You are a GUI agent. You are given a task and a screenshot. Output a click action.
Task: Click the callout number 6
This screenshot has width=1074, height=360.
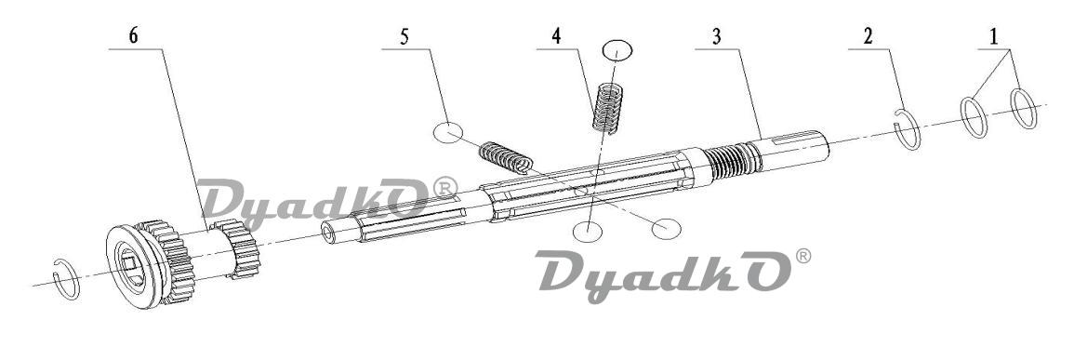[x=134, y=35]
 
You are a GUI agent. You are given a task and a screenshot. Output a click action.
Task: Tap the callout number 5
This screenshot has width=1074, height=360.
[x=404, y=36]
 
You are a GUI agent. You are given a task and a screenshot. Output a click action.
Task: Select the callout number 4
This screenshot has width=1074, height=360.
[x=557, y=36]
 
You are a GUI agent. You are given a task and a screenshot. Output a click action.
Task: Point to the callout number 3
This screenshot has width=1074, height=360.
[x=716, y=36]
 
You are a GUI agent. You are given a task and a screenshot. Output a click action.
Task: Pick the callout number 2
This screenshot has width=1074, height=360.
[x=868, y=36]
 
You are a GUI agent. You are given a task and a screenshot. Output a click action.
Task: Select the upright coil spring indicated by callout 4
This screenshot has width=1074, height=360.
[x=608, y=107]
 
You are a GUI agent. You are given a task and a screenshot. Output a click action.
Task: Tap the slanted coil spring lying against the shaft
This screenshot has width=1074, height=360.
[x=506, y=157]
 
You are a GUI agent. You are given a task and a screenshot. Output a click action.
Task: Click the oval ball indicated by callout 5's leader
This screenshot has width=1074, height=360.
[x=448, y=132]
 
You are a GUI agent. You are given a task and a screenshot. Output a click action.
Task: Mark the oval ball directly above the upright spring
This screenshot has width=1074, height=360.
[x=617, y=50]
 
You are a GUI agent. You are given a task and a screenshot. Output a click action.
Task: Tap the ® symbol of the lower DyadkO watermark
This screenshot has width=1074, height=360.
[x=802, y=257]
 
